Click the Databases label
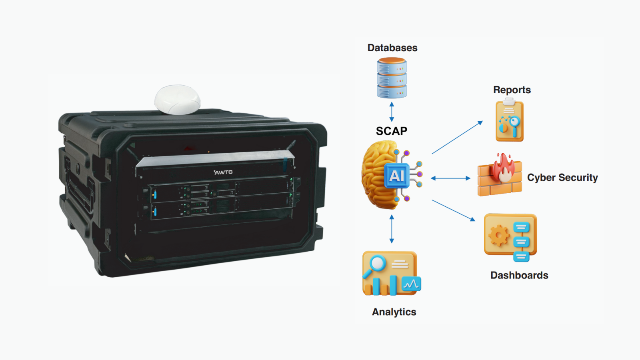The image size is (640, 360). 392,48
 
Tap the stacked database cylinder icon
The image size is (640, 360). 392,78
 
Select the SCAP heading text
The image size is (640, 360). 391,131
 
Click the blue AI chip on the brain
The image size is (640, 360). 396,176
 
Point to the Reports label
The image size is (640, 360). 512,90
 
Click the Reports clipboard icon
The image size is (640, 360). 509,121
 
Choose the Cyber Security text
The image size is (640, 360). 562,178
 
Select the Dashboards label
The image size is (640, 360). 519,275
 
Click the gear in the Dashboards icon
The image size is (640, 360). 499,235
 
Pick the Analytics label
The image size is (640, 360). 394,312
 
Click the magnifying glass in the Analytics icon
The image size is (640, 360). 377,264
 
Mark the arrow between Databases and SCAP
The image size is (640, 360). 392,112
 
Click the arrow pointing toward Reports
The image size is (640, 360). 457,138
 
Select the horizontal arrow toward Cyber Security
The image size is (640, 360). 450,178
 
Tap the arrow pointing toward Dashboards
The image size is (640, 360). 453,210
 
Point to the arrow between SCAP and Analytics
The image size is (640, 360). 392,229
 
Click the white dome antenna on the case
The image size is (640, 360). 177,100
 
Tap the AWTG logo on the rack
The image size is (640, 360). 223,172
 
